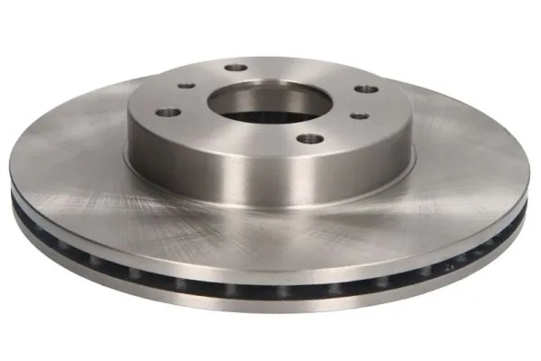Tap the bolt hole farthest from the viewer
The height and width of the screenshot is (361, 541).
[x=236, y=67]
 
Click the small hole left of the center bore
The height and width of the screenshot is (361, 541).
[x=186, y=86]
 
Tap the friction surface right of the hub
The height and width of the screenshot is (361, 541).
[x=460, y=162]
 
